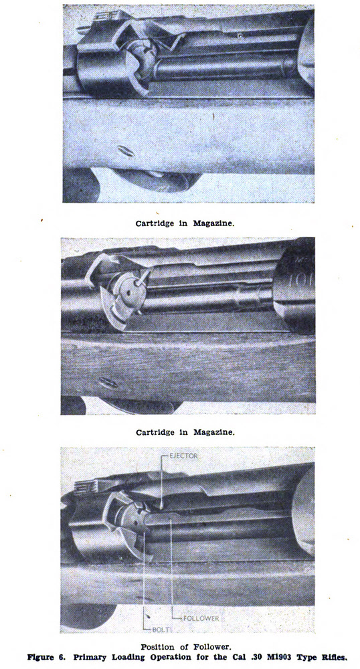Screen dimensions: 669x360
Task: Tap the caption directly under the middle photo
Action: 185,433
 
